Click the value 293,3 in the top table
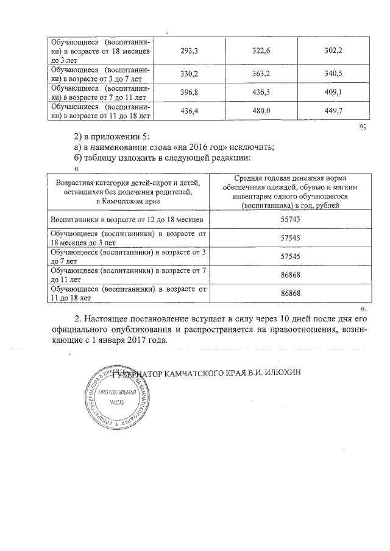tap(190, 50)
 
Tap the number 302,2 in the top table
tap(332, 50)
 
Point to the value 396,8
tap(190, 92)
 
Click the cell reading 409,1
tap(332, 92)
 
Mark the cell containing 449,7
tap(332, 110)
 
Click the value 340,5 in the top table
tap(332, 74)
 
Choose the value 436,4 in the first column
tap(190, 110)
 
